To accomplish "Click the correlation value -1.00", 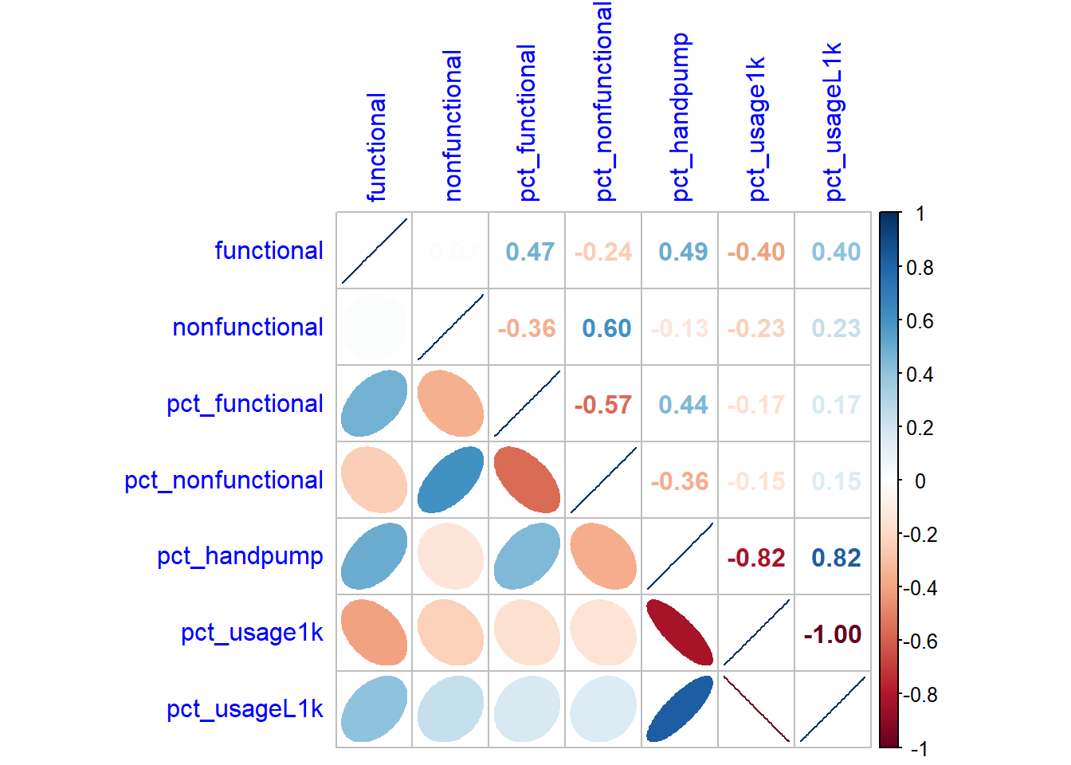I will point(833,634).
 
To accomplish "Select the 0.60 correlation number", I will point(606,328).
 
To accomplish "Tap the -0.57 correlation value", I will point(603,405).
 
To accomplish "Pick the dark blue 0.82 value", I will point(836,558).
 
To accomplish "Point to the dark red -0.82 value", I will point(756,558).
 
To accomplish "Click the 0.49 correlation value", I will point(683,252).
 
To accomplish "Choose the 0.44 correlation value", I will point(683,405).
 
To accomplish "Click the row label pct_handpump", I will point(240,556).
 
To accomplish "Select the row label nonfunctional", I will point(248,328).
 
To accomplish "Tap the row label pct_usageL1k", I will point(245,709).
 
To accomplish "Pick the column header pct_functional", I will point(527,123).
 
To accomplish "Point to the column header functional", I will point(376,147).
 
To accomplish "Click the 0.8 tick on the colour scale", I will point(920,268).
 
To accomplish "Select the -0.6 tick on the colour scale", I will point(920,641).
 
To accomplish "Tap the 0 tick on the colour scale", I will point(920,481).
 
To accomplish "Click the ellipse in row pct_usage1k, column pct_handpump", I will point(680,633).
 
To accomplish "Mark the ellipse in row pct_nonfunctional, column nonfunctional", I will point(450,480).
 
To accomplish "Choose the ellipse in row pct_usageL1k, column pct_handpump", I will point(680,709).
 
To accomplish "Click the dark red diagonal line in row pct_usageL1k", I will point(756,709).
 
